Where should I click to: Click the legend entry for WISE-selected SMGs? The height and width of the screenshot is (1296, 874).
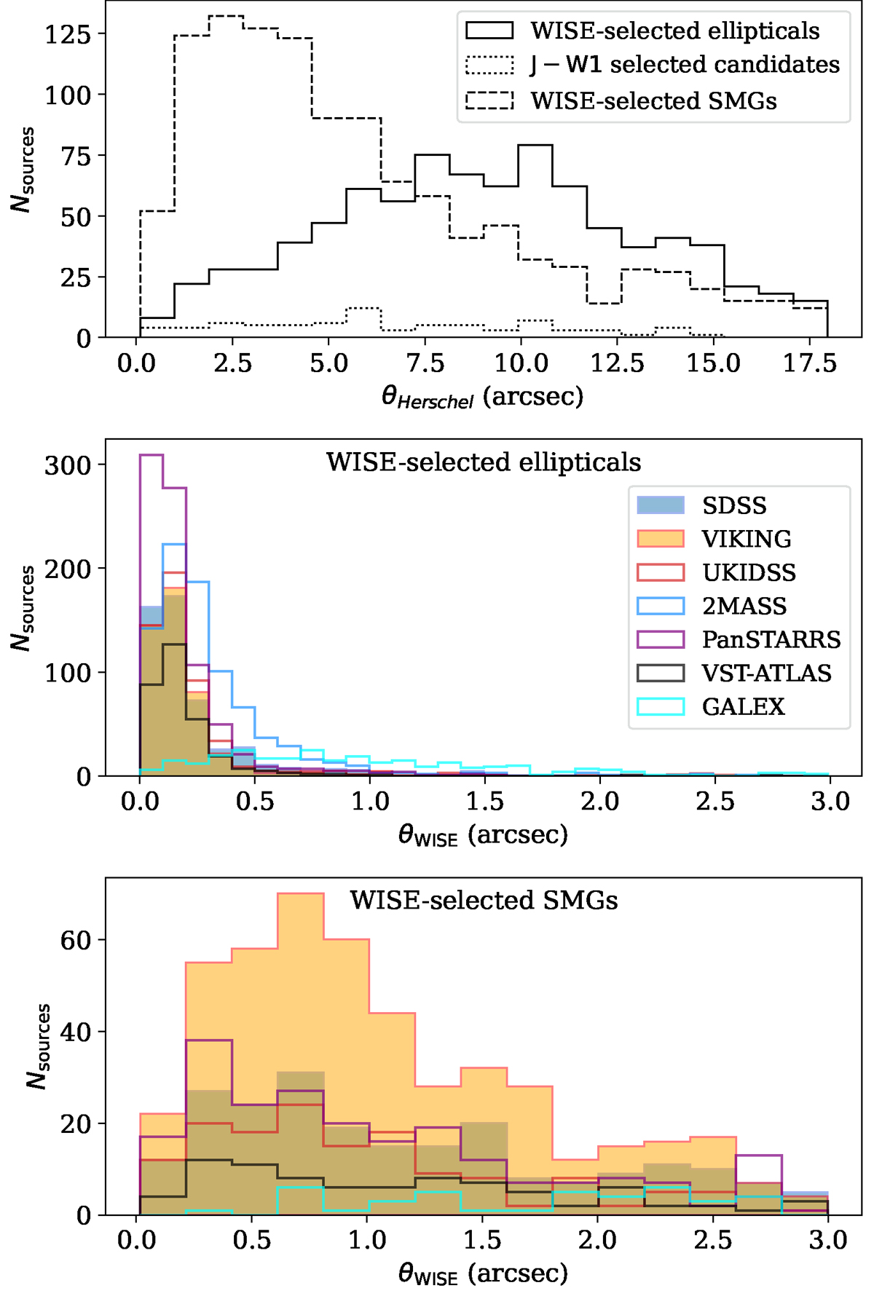coord(653,100)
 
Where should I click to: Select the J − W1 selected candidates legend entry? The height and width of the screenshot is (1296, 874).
coord(685,65)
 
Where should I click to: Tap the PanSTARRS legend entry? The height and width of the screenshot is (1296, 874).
coord(771,639)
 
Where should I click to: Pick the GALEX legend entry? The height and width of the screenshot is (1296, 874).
coord(743,706)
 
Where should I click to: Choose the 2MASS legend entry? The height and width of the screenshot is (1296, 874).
coord(744,606)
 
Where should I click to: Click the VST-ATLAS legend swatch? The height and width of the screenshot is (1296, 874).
coord(660,673)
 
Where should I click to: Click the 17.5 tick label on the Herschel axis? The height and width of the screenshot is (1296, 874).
coord(809,363)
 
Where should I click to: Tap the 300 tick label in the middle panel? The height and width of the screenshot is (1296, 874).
coord(68,465)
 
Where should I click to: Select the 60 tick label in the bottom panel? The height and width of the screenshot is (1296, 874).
coord(75,940)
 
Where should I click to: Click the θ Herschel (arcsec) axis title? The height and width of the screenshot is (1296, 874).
coord(482,398)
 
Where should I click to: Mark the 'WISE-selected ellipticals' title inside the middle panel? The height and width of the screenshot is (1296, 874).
coord(484,462)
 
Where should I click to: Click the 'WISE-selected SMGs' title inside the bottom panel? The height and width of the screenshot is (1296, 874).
coord(484,901)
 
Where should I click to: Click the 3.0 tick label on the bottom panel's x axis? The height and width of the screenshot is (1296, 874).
coord(828,1240)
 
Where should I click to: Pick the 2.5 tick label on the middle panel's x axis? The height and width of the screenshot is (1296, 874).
coord(714,802)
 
